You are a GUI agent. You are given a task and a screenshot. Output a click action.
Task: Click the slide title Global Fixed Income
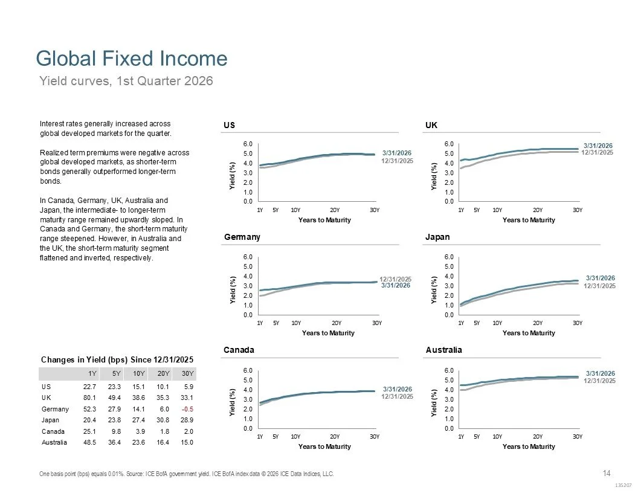click(x=132, y=59)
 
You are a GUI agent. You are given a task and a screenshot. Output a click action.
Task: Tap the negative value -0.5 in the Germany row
click(x=188, y=409)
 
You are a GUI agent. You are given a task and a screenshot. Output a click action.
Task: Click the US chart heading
click(x=229, y=125)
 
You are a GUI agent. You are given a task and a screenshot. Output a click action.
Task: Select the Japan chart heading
click(x=437, y=237)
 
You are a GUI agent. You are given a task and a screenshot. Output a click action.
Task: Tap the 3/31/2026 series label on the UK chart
click(x=598, y=146)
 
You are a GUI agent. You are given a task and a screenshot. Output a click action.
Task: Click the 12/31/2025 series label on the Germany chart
click(x=395, y=279)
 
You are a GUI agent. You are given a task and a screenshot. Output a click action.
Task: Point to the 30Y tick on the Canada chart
click(x=375, y=436)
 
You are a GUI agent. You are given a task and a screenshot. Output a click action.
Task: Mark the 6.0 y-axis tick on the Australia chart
click(x=449, y=370)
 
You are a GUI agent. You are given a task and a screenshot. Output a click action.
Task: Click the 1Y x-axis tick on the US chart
click(x=260, y=210)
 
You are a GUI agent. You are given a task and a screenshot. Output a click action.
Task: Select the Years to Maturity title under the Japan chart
click(x=528, y=333)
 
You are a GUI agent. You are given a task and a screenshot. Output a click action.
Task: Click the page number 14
click(x=607, y=472)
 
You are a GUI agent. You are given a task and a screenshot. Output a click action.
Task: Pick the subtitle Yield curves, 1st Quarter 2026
click(x=126, y=80)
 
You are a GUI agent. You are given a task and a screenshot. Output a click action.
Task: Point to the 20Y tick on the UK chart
click(x=538, y=210)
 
